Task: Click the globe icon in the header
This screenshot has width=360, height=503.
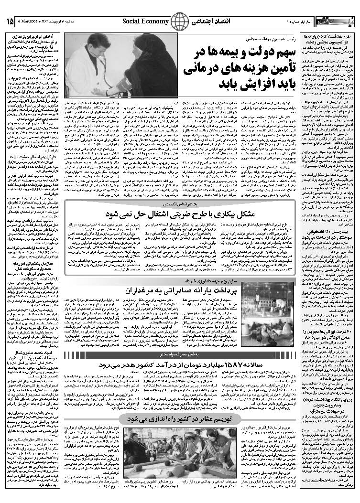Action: click(x=180, y=21)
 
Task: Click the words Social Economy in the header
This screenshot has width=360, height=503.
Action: click(x=145, y=21)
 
